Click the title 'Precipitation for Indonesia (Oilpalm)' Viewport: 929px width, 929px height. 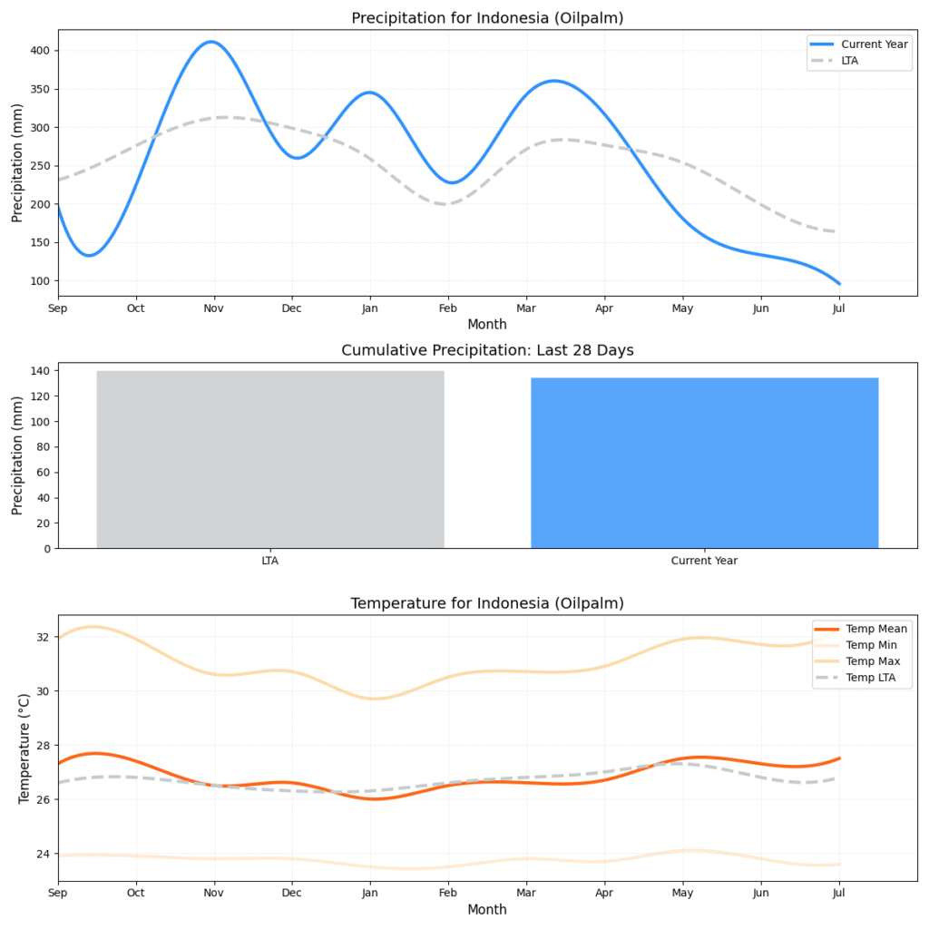487,18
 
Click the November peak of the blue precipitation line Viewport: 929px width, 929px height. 211,42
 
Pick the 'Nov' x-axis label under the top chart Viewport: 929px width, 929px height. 214,308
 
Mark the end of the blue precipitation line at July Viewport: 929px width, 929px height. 839,284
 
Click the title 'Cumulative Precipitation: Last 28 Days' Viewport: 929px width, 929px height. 487,350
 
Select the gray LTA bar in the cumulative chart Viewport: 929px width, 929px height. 270,459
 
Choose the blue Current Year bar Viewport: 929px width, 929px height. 704,463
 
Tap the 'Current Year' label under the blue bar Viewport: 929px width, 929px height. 704,561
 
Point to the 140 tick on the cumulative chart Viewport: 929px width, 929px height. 41,371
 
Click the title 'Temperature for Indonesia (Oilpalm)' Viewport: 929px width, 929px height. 487,603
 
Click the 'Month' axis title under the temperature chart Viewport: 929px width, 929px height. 487,909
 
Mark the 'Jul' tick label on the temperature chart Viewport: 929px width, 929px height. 839,894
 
